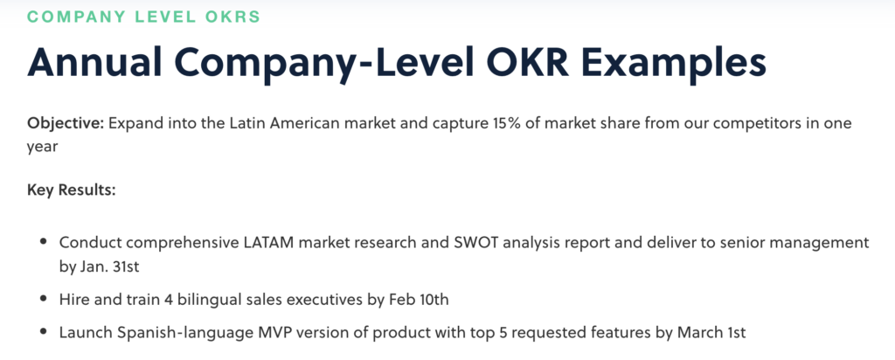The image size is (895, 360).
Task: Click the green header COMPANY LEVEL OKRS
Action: (x=143, y=17)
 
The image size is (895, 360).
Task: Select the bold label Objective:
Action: (x=66, y=124)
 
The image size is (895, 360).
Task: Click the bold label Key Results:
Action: (x=72, y=189)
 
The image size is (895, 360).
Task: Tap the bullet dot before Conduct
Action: (x=44, y=241)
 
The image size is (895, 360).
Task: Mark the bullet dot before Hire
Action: (x=44, y=298)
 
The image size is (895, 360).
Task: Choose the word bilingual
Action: (x=205, y=300)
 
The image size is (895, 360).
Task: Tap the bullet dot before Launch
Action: (x=44, y=331)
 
